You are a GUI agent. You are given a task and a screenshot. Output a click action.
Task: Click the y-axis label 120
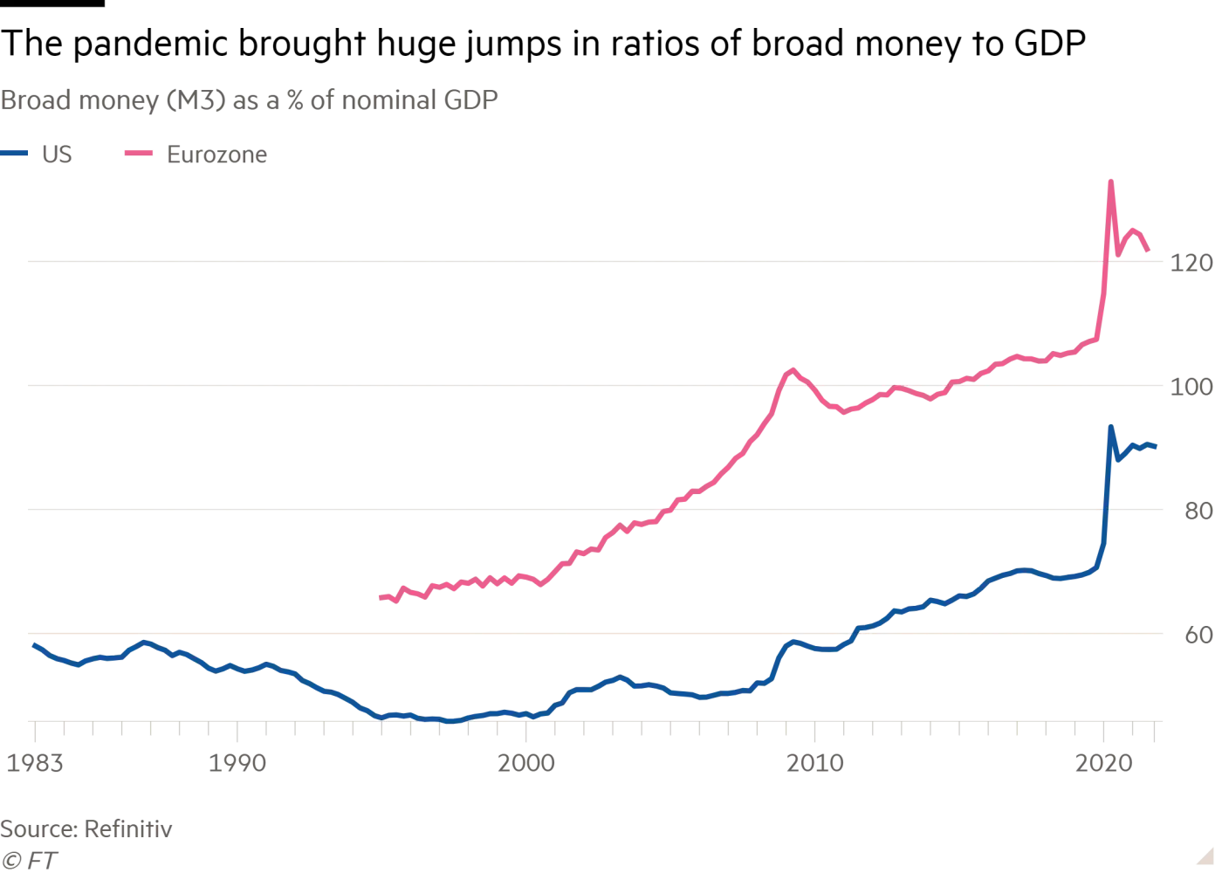[x=1191, y=263]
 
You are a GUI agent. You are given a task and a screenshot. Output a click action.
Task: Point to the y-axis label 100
[x=1191, y=387]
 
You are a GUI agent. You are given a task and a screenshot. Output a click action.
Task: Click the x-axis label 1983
[x=35, y=764]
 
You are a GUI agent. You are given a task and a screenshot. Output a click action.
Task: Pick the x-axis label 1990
[x=237, y=764]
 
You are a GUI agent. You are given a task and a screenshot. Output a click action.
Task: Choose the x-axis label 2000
[x=525, y=764]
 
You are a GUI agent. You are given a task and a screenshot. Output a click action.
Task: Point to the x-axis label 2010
[x=814, y=764]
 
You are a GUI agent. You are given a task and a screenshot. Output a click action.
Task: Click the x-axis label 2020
[x=1103, y=764]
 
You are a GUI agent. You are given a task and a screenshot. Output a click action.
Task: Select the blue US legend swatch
[x=15, y=154]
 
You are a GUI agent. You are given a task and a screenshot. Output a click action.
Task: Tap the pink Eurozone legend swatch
[x=139, y=154]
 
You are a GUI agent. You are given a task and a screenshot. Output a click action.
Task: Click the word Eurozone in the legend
[x=216, y=155]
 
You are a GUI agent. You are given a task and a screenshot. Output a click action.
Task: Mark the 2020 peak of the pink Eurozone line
[x=1110, y=182]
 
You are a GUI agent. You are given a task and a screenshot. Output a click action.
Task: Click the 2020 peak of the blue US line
[x=1110, y=427]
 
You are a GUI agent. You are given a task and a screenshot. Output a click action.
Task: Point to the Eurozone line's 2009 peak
[x=793, y=369]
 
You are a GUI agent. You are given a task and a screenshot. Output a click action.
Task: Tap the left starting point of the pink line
[x=381, y=598]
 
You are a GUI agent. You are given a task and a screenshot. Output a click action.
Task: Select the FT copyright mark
[x=30, y=861]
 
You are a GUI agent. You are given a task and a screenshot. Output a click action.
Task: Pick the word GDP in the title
[x=470, y=100]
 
